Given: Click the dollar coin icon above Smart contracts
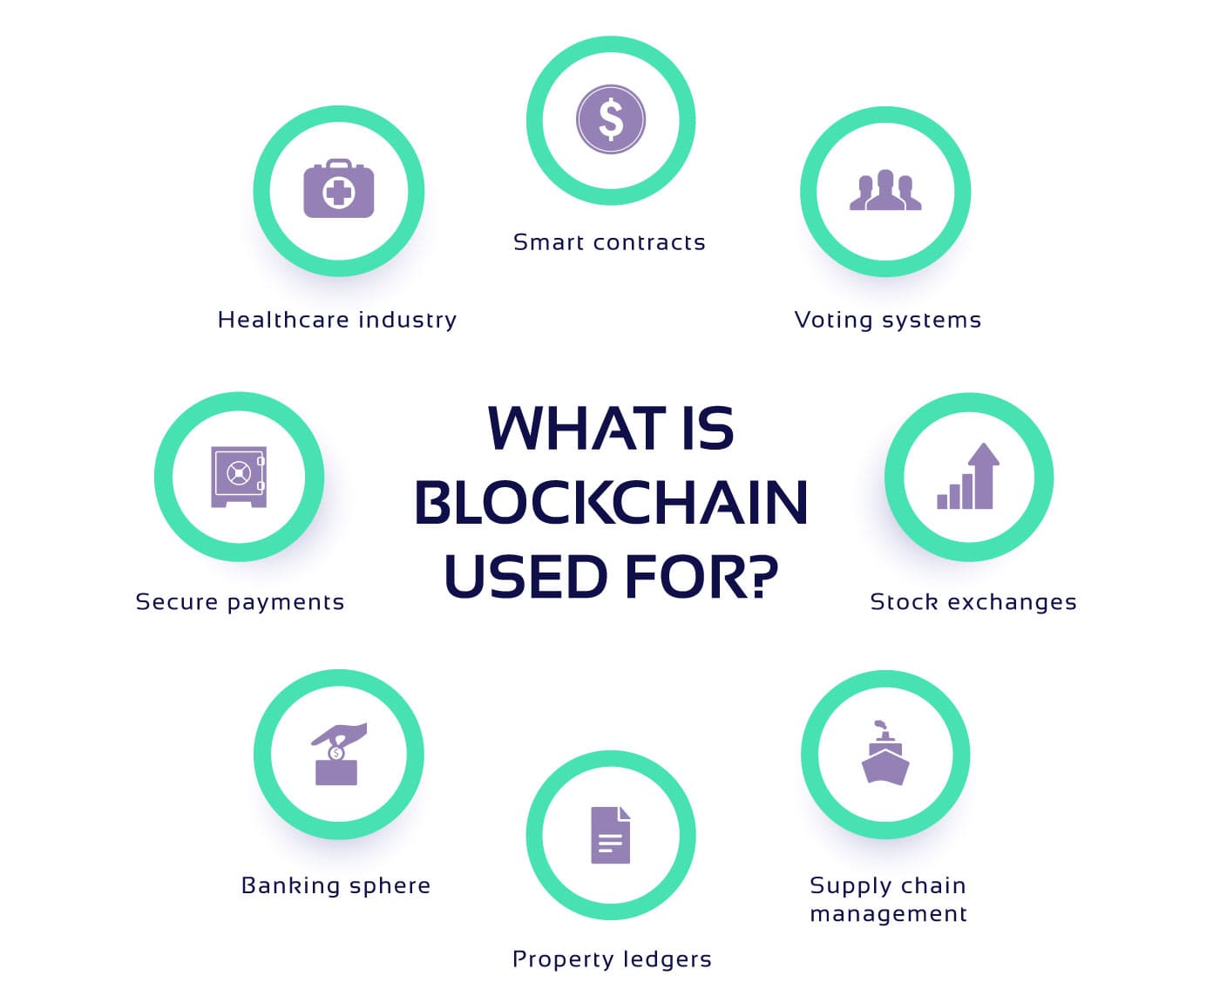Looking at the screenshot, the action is pyautogui.click(x=610, y=119).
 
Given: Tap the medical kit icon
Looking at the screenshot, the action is pyautogui.click(x=338, y=188).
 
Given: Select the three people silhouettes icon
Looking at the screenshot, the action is pyautogui.click(x=884, y=190).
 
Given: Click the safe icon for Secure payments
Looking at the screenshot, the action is pyautogui.click(x=238, y=477).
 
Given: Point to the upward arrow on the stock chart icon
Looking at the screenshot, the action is pyautogui.click(x=983, y=476).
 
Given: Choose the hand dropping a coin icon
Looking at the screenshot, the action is pyautogui.click(x=338, y=754).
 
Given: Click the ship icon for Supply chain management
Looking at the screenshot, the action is pyautogui.click(x=885, y=752).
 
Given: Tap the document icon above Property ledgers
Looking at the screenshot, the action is pyautogui.click(x=610, y=835).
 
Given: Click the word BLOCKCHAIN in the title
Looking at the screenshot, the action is pyautogui.click(x=610, y=502).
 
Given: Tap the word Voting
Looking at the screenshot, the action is pyautogui.click(x=834, y=321).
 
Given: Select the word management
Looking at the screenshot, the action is pyautogui.click(x=889, y=914).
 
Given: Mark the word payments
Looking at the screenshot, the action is pyautogui.click(x=286, y=603).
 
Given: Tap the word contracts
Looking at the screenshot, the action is pyautogui.click(x=649, y=243).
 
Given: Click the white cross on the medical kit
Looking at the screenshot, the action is pyautogui.click(x=338, y=192).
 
